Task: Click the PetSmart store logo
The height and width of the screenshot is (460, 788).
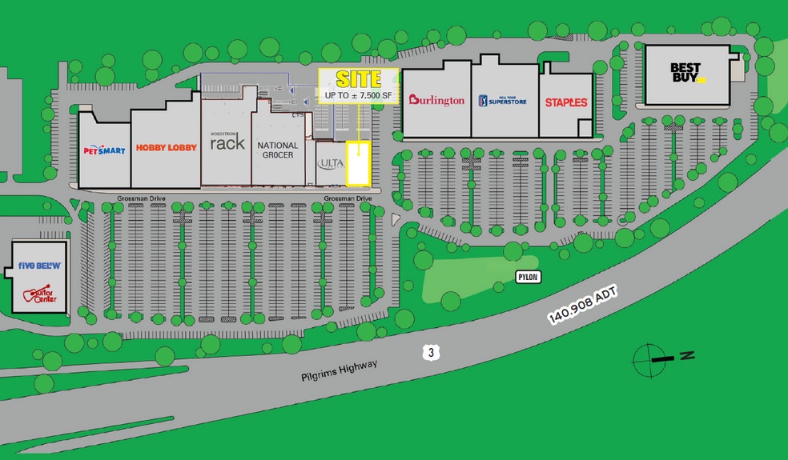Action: (x=104, y=150)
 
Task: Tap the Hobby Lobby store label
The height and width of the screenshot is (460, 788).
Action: (x=166, y=147)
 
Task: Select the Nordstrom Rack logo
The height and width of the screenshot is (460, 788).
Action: (x=227, y=142)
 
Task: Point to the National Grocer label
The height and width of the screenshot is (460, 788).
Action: (x=278, y=150)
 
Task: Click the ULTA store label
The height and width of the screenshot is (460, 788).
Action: (x=330, y=163)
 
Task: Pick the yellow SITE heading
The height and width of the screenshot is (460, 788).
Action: (x=358, y=79)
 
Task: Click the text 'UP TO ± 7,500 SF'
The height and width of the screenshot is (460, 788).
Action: (x=358, y=96)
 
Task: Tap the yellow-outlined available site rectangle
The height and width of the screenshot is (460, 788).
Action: (x=358, y=162)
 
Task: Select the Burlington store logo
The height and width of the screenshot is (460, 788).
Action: (x=436, y=100)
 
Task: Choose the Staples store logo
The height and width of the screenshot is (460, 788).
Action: (x=566, y=102)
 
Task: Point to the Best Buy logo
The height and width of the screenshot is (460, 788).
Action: (x=688, y=74)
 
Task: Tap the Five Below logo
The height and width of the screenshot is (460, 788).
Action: (x=39, y=265)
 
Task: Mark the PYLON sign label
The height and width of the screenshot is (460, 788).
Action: (x=528, y=277)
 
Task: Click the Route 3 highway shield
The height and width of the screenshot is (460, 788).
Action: (x=431, y=352)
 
